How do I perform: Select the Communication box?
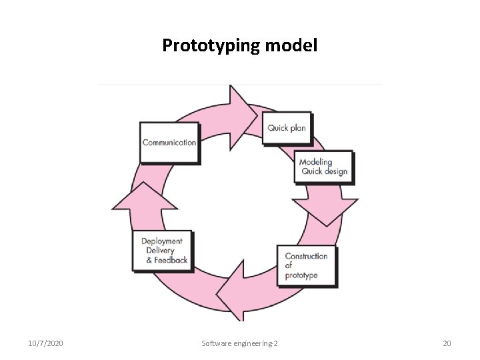tap(169, 142)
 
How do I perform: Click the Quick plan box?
tap(287, 127)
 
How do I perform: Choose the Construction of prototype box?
tap(307, 265)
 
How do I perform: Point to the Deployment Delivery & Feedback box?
tap(164, 251)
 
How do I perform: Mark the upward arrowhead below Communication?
tap(138, 200)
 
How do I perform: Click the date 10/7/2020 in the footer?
tap(47, 343)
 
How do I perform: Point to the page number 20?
tap(447, 343)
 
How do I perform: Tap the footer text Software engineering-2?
tap(240, 343)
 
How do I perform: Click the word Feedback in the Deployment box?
tap(171, 260)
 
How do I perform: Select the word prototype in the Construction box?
tap(301, 275)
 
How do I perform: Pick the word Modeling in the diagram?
tap(315, 162)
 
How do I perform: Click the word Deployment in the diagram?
tap(162, 241)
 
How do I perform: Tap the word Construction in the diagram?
tap(307, 256)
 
